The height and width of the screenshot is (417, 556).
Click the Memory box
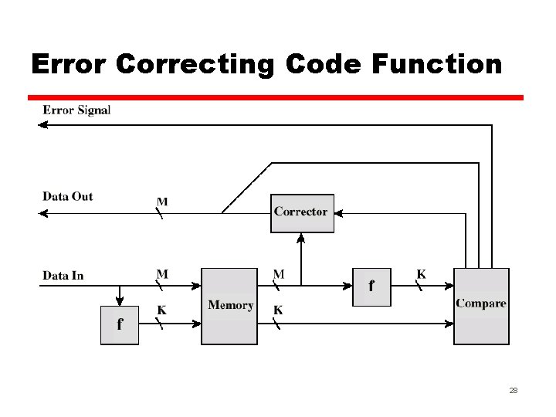click(x=229, y=306)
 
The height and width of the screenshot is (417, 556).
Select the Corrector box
click(x=302, y=212)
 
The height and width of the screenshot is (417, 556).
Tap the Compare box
click(x=481, y=306)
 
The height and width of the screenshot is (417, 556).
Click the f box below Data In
click(x=120, y=325)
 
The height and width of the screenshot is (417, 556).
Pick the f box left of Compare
click(x=371, y=286)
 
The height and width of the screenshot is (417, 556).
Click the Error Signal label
click(x=76, y=110)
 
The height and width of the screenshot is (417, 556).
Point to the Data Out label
click(x=68, y=196)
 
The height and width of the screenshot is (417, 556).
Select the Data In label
click(x=63, y=275)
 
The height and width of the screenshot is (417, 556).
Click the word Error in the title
click(x=69, y=63)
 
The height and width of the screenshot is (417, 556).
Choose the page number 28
click(x=513, y=392)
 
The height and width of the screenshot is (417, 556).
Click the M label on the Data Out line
click(x=162, y=202)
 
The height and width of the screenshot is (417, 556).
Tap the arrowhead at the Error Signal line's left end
click(x=44, y=124)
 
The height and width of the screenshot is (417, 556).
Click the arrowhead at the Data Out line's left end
click(x=44, y=213)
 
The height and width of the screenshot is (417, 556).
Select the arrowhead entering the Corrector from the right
click(x=340, y=212)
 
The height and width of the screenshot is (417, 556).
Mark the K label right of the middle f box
click(x=421, y=274)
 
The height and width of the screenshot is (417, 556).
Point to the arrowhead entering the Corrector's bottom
click(x=302, y=237)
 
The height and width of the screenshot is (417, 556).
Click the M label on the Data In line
click(x=162, y=274)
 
